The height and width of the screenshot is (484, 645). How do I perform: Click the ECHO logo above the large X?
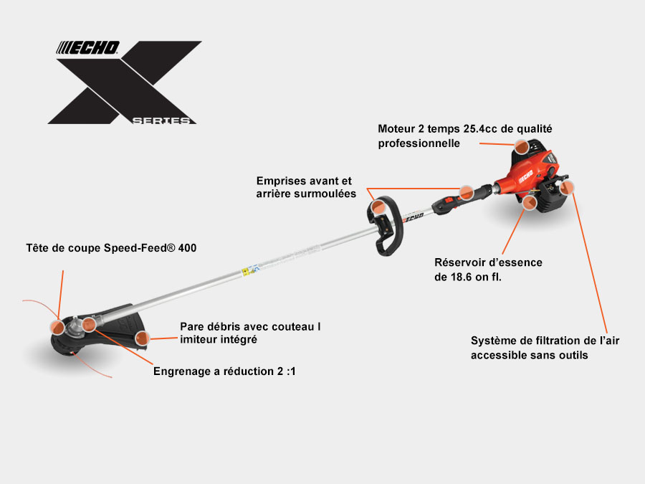pyautogui.click(x=87, y=48)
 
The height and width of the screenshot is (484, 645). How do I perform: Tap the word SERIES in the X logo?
pyautogui.click(x=161, y=120)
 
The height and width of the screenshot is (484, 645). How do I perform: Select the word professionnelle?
pyautogui.click(x=419, y=143)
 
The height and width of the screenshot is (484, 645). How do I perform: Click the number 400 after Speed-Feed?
pyautogui.click(x=187, y=248)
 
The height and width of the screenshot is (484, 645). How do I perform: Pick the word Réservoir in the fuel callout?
pyautogui.click(x=460, y=262)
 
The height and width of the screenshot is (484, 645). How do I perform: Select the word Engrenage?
pyautogui.click(x=182, y=371)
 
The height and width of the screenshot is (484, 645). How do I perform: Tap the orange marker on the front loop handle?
pyautogui.click(x=378, y=207)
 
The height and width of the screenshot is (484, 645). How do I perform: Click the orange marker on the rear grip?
pyautogui.click(x=466, y=192)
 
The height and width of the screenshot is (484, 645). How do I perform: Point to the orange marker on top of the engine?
pyautogui.click(x=522, y=146)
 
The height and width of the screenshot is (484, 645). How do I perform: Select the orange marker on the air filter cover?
pyautogui.click(x=567, y=187)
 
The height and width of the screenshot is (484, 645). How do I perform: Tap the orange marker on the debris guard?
pyautogui.click(x=142, y=338)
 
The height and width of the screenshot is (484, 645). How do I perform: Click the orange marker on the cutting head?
pyautogui.click(x=57, y=327)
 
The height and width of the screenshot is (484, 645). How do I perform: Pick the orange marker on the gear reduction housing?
pyautogui.click(x=89, y=324)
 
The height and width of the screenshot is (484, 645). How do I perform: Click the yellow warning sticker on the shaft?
pyautogui.click(x=246, y=271)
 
